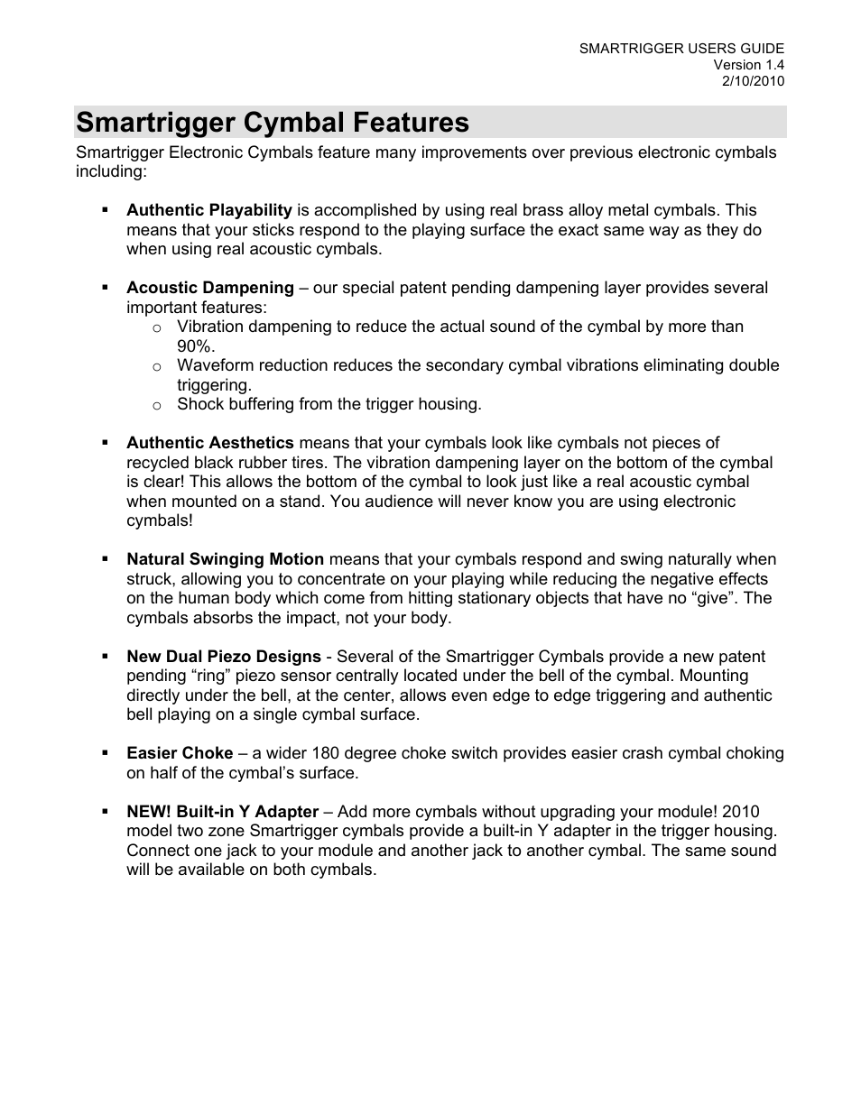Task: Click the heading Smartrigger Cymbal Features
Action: pos(273,123)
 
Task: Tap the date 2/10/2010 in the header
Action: pos(753,81)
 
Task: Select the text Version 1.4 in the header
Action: pos(748,65)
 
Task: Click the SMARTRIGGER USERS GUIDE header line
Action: pos(681,49)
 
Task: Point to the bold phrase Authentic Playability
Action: pos(208,210)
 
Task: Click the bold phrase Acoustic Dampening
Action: pos(209,288)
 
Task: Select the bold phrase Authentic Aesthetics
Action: pos(209,443)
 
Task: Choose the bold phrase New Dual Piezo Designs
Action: pos(223,657)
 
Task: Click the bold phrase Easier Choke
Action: pos(180,753)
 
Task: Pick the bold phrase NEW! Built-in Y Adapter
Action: pos(222,812)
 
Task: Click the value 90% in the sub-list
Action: pos(196,346)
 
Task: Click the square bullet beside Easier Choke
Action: pos(106,752)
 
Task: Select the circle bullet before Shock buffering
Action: pos(156,405)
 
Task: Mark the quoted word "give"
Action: pos(717,598)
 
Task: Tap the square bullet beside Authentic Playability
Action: pos(106,209)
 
